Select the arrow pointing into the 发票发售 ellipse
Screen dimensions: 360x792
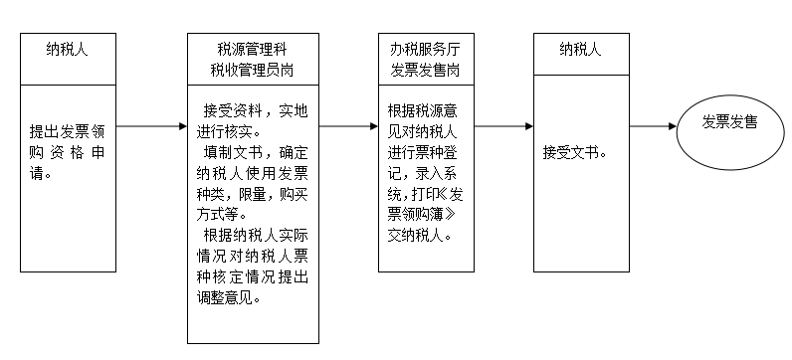tap(653, 126)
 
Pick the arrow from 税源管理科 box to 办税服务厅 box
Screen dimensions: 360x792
tap(347, 126)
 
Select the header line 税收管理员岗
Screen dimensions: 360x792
tap(253, 70)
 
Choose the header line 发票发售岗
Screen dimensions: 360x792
tap(425, 70)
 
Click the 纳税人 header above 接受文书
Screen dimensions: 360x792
tap(580, 49)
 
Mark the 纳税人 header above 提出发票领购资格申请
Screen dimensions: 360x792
tap(70, 49)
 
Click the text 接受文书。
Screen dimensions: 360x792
tap(575, 154)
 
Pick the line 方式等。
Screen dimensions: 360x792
tap(224, 215)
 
